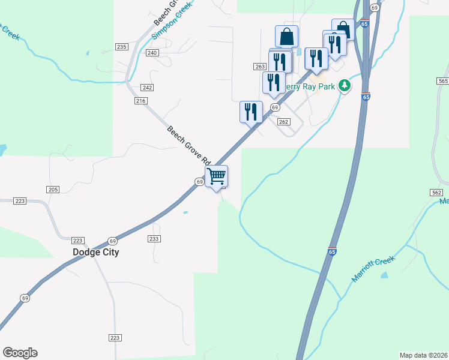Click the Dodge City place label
click(x=95, y=253)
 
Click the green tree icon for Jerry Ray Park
click(x=344, y=86)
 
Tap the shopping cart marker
click(x=217, y=177)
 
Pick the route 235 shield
click(x=122, y=47)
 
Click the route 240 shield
click(x=152, y=53)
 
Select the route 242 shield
click(x=147, y=88)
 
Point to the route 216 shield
click(x=141, y=101)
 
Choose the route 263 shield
click(x=259, y=67)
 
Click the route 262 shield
click(x=284, y=122)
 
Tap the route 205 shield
click(x=53, y=190)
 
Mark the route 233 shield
click(x=154, y=239)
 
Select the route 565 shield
click(x=443, y=81)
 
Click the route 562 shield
click(x=436, y=192)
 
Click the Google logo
click(x=20, y=353)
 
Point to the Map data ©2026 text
click(x=424, y=355)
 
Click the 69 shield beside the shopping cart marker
click(x=199, y=182)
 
